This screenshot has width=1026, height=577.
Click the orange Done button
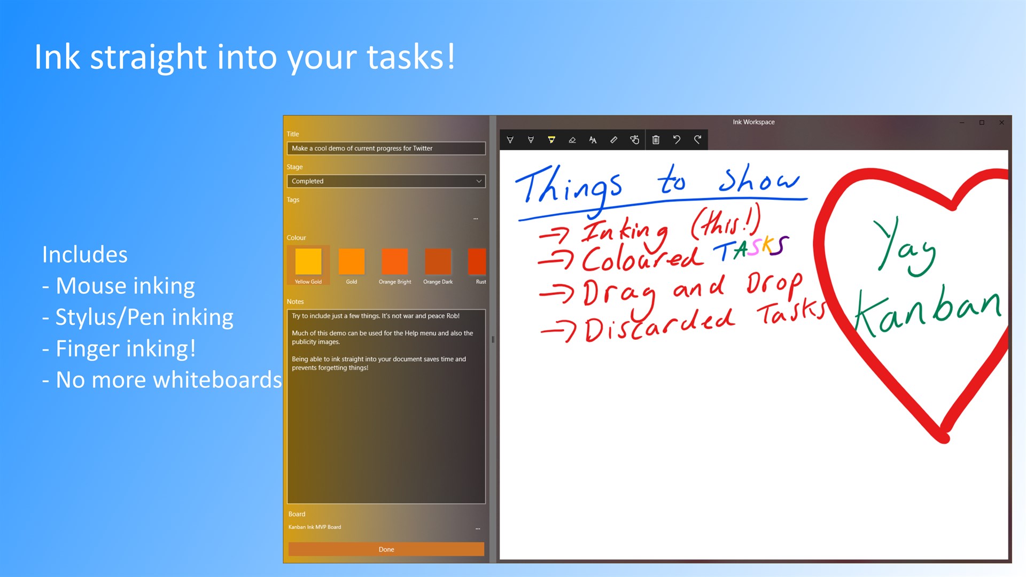[x=386, y=549]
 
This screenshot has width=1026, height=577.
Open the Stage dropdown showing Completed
[x=386, y=181]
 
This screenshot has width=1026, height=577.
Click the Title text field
[x=386, y=148]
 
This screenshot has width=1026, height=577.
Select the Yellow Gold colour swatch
[x=308, y=261]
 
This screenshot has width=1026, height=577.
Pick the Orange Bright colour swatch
[x=395, y=261]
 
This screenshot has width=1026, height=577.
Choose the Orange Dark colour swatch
[x=438, y=261]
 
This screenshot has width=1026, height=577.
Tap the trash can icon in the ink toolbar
[x=656, y=140]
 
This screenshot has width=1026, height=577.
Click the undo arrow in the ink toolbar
[x=677, y=140]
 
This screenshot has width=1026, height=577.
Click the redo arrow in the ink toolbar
[x=697, y=140]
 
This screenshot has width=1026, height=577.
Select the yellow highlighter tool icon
[x=551, y=140]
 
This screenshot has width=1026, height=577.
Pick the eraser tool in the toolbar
[x=572, y=140]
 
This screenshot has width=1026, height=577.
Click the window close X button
[x=1001, y=122]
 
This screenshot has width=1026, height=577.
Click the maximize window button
[x=982, y=122]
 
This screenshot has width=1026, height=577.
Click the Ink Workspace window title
[x=753, y=122]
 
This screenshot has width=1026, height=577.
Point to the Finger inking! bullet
[x=119, y=348]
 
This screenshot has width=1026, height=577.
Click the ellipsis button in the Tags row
[x=476, y=219]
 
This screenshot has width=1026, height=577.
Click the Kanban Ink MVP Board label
[x=315, y=527]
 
